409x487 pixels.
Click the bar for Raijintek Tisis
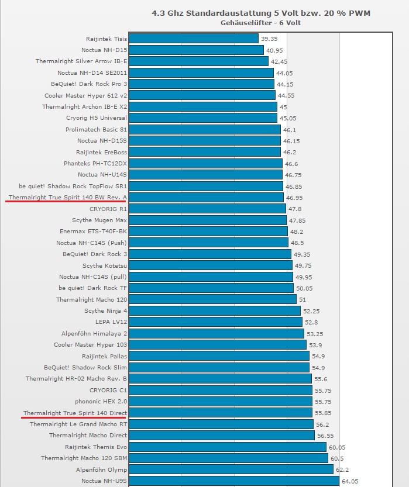pyautogui.click(x=193, y=39)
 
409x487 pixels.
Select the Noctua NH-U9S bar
pyautogui.click(x=233, y=481)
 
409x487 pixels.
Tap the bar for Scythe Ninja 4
pyautogui.click(x=214, y=311)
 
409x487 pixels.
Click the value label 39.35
pyautogui.click(x=269, y=39)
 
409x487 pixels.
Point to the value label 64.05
pyautogui.click(x=351, y=481)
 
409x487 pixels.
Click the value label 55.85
pyautogui.click(x=323, y=413)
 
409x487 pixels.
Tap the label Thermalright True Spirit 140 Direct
pyautogui.click(x=75, y=413)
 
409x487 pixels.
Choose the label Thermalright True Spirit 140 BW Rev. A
pyautogui.click(x=68, y=198)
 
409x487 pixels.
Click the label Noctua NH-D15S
pyautogui.click(x=102, y=141)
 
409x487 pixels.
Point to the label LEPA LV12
pyautogui.click(x=111, y=322)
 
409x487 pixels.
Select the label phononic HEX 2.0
pyautogui.click(x=101, y=402)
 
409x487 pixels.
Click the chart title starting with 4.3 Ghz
pyautogui.click(x=261, y=12)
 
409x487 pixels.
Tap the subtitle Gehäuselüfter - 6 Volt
pyautogui.click(x=261, y=23)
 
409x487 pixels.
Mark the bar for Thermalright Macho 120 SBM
pyautogui.click(x=228, y=458)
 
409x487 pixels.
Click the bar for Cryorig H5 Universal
pyautogui.click(x=203, y=118)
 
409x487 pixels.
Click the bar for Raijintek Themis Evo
pyautogui.click(x=228, y=447)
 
